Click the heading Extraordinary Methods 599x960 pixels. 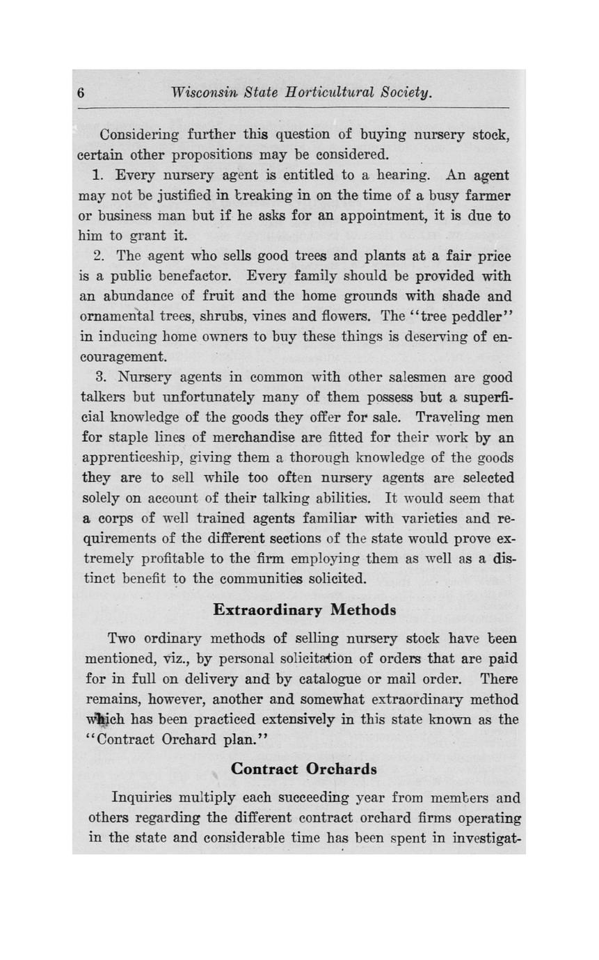pyautogui.click(x=304, y=609)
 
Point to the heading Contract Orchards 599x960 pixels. pyautogui.click(x=304, y=769)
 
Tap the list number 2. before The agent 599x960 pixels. pyautogui.click(x=99, y=257)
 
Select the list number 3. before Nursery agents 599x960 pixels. pyautogui.click(x=99, y=378)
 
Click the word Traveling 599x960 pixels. pyautogui.click(x=445, y=418)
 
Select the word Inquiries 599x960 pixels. pyautogui.click(x=144, y=798)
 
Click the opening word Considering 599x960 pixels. pyautogui.click(x=141, y=134)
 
